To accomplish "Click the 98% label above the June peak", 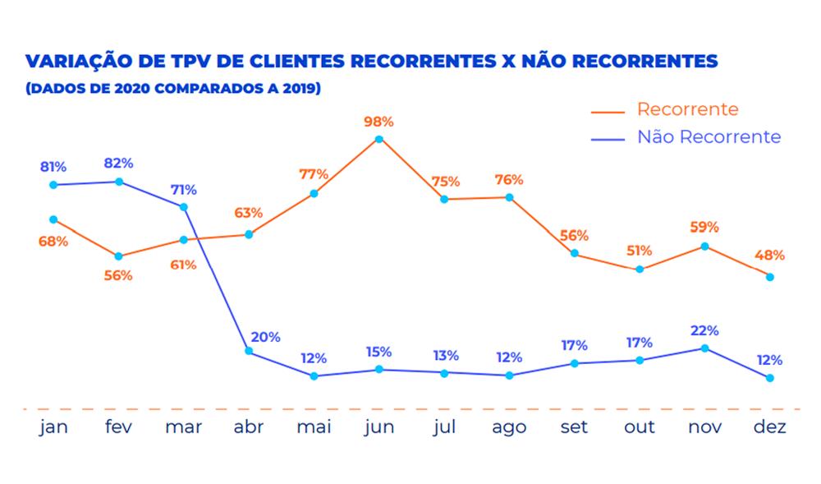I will tap(379, 122).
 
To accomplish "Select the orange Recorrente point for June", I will tap(379, 139).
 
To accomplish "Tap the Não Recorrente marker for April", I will tap(249, 352).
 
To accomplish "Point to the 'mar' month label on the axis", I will tap(184, 427).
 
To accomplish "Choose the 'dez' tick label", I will tap(769, 427).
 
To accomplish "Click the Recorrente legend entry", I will tap(687, 109).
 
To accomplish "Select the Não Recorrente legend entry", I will tap(709, 137).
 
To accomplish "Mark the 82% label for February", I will tap(119, 164).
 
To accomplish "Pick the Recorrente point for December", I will tap(769, 277).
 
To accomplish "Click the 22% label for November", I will tap(704, 330).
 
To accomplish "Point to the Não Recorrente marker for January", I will tap(53, 185).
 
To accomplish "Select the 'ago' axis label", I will tap(509, 427).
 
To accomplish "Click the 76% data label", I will tap(509, 180).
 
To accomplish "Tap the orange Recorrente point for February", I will tap(119, 256).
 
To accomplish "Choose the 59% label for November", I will tap(704, 227).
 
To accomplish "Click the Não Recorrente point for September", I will tap(575, 363).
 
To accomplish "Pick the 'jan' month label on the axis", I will tap(53, 427).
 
